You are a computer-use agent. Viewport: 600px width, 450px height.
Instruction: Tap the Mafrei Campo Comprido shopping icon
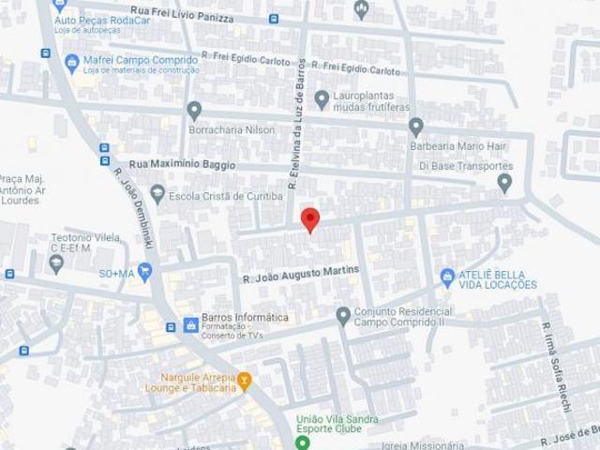pyautogui.click(x=71, y=63)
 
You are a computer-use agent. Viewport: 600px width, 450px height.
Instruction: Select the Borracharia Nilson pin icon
pyautogui.click(x=194, y=110)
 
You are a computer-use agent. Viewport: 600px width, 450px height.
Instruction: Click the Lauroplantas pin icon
pyautogui.click(x=322, y=98)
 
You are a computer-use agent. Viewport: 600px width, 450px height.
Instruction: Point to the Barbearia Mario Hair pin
pyautogui.click(x=415, y=127)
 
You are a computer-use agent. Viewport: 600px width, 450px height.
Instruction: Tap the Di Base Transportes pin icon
pyautogui.click(x=504, y=183)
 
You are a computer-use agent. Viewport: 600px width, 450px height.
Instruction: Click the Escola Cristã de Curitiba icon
pyautogui.click(x=157, y=195)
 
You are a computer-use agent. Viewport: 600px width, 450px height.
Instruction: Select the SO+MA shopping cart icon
pyautogui.click(x=144, y=272)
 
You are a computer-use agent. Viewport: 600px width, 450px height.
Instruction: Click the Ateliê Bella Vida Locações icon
pyautogui.click(x=447, y=277)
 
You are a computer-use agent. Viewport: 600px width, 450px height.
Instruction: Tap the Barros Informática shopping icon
pyautogui.click(x=191, y=324)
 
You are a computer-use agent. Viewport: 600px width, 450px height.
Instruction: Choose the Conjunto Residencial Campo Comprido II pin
pyautogui.click(x=343, y=316)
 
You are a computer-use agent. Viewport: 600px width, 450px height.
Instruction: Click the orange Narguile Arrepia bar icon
pyautogui.click(x=244, y=381)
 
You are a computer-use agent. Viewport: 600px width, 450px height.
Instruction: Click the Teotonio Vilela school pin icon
pyautogui.click(x=56, y=263)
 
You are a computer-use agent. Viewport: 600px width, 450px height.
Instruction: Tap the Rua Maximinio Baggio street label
pyautogui.click(x=182, y=165)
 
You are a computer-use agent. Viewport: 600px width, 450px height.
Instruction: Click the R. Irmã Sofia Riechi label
pyautogui.click(x=554, y=360)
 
